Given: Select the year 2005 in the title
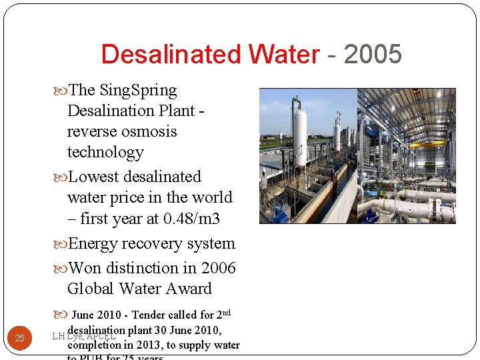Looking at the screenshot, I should pyautogui.click(x=373, y=55).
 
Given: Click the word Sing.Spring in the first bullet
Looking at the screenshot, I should pyautogui.click(x=138, y=90).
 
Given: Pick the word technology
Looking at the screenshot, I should pyautogui.click(x=105, y=152).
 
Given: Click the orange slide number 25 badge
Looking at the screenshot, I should pyautogui.click(x=19, y=338).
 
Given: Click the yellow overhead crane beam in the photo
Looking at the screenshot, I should pyautogui.click(x=427, y=143).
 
